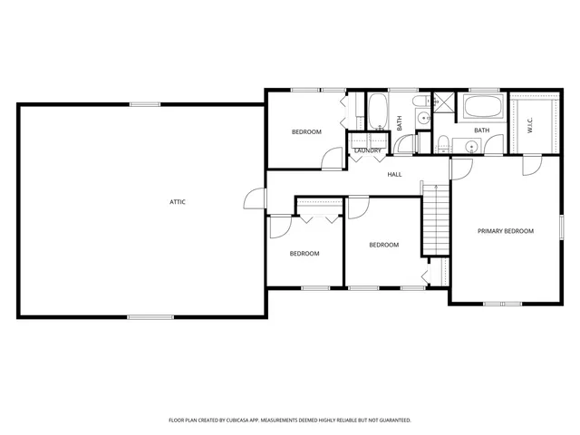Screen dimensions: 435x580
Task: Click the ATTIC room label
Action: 178,201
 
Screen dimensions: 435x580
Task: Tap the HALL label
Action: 395,174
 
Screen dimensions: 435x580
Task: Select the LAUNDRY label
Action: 368,150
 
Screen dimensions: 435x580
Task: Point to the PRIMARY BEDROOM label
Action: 506,231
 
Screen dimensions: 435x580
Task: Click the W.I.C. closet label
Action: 530,127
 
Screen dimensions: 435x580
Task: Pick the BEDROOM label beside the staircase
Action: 383,245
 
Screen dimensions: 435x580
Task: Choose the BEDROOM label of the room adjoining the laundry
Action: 306,132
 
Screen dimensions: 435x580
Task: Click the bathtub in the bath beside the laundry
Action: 378,112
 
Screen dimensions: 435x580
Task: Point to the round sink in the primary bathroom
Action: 471,146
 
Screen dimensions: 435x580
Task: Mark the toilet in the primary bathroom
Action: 443,142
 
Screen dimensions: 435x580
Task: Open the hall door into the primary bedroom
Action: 460,169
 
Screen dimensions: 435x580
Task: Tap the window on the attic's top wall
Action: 144,104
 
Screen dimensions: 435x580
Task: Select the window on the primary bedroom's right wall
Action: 562,227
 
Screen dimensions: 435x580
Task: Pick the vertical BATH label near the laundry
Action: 400,122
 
